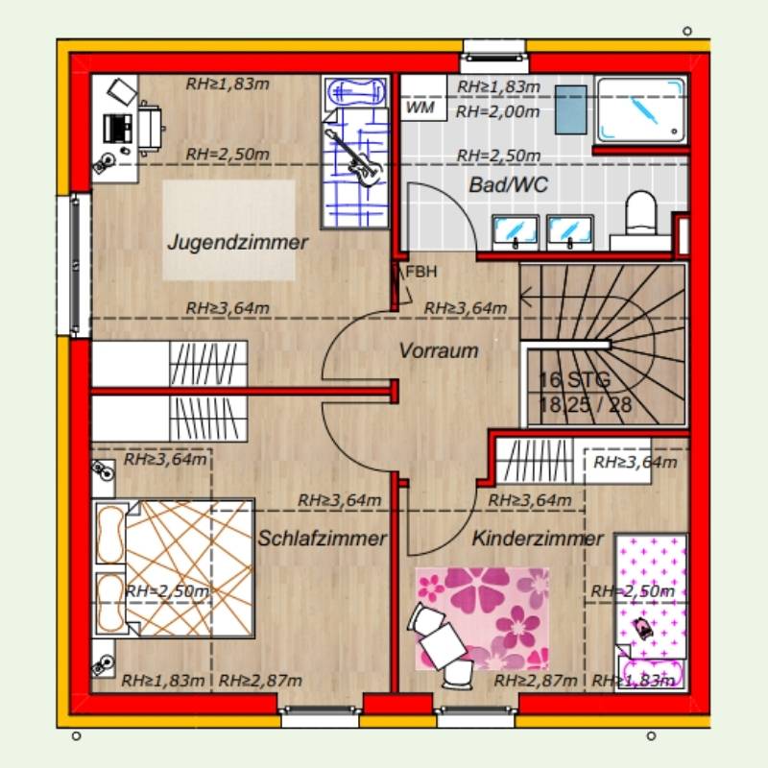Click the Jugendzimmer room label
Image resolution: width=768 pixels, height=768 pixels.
pyautogui.click(x=237, y=243)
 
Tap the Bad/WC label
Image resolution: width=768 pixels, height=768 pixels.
pyautogui.click(x=509, y=185)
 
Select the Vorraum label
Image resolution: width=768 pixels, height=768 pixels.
pyautogui.click(x=439, y=350)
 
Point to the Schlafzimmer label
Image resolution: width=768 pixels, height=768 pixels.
pyautogui.click(x=323, y=539)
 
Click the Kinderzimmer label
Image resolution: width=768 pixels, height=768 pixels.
pyautogui.click(x=538, y=539)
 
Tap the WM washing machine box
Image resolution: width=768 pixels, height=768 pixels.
pyautogui.click(x=423, y=98)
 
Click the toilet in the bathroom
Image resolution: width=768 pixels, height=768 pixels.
pyautogui.click(x=641, y=213)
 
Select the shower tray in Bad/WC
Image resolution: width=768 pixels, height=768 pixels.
pyautogui.click(x=640, y=109)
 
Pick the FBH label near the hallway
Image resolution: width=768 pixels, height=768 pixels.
pyautogui.click(x=421, y=272)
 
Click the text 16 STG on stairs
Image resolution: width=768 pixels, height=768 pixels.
pyautogui.click(x=574, y=380)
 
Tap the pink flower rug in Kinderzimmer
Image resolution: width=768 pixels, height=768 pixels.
pyautogui.click(x=482, y=619)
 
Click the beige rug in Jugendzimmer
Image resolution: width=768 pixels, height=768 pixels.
pyautogui.click(x=229, y=230)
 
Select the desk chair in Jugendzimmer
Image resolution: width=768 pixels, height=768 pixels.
pyautogui.click(x=151, y=129)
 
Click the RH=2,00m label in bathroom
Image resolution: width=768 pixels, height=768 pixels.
pyautogui.click(x=497, y=111)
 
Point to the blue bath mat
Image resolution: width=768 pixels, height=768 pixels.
pyautogui.click(x=570, y=109)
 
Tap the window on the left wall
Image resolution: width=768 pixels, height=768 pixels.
pyautogui.click(x=74, y=266)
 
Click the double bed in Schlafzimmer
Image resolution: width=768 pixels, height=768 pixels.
pyautogui.click(x=174, y=568)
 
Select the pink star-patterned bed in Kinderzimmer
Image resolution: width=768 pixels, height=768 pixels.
pyautogui.click(x=652, y=612)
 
